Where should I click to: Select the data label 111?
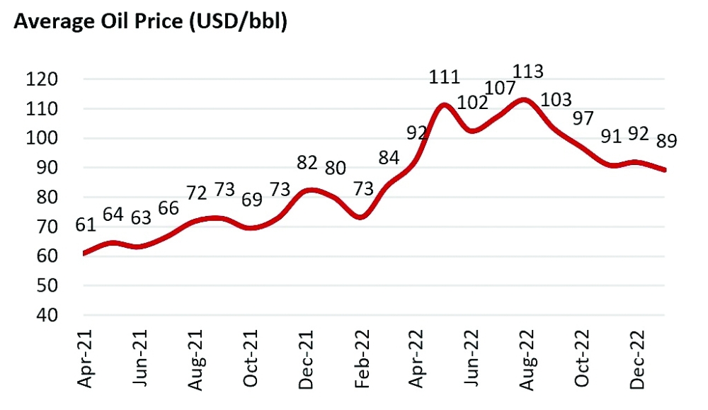[x=444, y=78]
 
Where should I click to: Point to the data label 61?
[x=86, y=226]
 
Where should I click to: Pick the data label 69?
[x=251, y=198]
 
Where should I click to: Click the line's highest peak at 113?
[x=524, y=100]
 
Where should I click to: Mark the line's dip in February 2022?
[x=360, y=217]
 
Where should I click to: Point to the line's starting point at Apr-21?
[x=84, y=254]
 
